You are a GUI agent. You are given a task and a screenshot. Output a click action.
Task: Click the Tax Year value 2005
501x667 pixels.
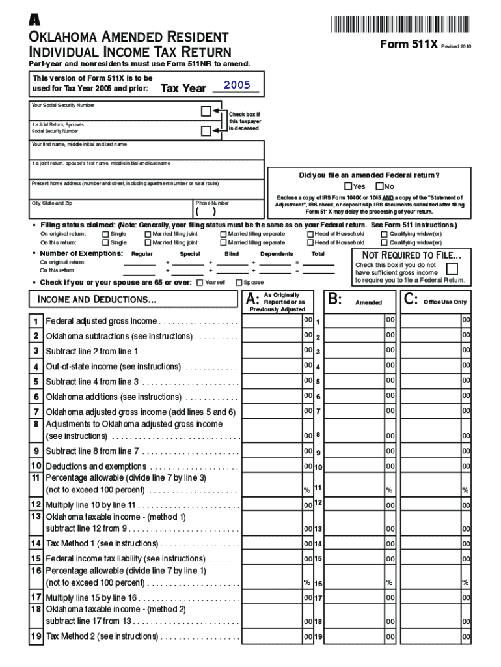click(x=236, y=85)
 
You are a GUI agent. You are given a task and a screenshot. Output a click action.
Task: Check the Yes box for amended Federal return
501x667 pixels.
click(x=348, y=186)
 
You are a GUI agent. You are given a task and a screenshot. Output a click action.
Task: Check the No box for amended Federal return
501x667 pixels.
click(x=379, y=186)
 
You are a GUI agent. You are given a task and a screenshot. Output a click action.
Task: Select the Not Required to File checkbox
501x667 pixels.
click(x=452, y=268)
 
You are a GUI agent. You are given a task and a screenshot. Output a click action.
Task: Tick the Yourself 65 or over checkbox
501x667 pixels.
click(x=199, y=282)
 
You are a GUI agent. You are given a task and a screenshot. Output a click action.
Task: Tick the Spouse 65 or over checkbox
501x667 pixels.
click(x=238, y=282)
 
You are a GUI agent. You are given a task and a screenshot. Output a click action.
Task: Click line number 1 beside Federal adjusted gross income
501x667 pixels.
click(x=36, y=321)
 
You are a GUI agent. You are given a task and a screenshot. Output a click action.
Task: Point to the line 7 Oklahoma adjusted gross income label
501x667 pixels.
click(x=140, y=412)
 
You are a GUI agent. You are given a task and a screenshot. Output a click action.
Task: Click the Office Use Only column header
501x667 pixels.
click(x=444, y=302)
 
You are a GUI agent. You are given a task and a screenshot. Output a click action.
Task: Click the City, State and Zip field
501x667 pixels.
click(x=112, y=208)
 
